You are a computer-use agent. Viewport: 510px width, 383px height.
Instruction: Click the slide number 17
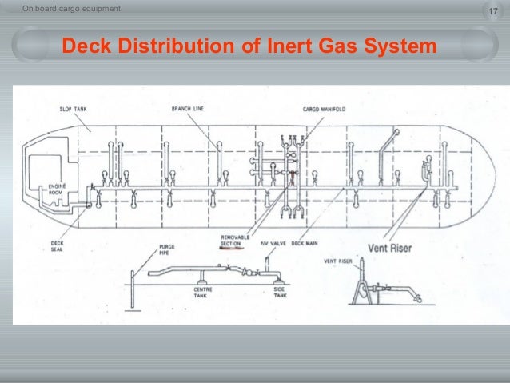tap(491, 10)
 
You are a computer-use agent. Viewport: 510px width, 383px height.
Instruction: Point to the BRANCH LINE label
tap(186, 109)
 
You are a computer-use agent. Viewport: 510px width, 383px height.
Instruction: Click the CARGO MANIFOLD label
tap(323, 109)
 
